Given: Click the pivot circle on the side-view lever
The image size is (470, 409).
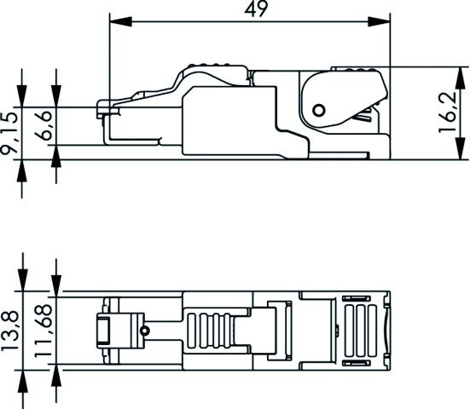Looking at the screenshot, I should [318, 109].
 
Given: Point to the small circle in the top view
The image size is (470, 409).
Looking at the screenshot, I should [145, 331].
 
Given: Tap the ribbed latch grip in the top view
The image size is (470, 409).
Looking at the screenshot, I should [212, 331].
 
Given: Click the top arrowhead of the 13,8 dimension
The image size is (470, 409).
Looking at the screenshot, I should [22, 282].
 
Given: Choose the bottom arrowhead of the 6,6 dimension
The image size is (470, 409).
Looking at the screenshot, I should [56, 153].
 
